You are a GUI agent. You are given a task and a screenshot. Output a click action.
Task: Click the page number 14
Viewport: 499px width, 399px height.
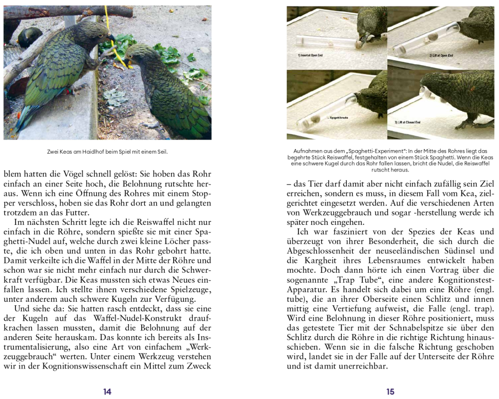[x=107, y=392]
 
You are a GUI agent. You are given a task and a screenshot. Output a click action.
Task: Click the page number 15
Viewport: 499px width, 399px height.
[x=390, y=392]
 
